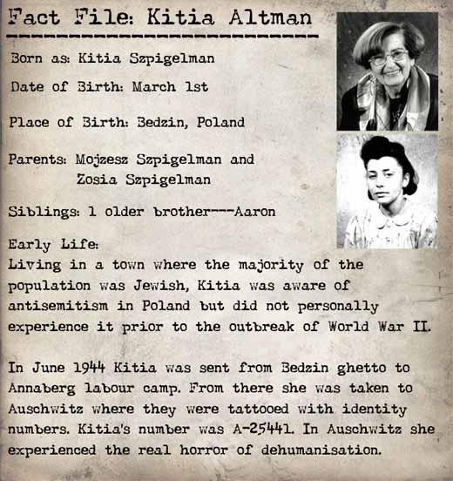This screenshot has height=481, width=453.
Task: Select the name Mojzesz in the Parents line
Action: pyautogui.click(x=106, y=160)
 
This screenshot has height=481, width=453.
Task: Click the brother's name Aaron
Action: pyautogui.click(x=257, y=212)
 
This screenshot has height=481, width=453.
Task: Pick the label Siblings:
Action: pyautogui.click(x=41, y=212)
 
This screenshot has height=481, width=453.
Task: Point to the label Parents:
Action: pyautogui.click(x=39, y=160)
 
